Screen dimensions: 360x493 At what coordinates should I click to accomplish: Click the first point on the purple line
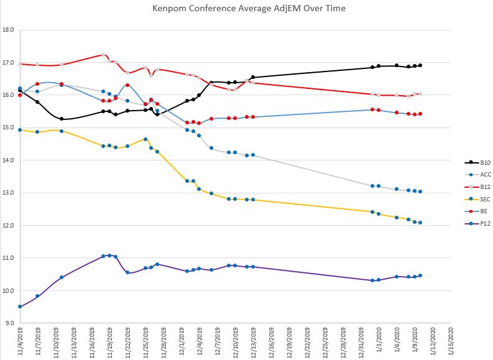point(20,307)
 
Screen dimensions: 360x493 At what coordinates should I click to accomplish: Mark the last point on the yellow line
point(420,223)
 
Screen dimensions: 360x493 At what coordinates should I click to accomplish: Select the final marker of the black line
point(420,65)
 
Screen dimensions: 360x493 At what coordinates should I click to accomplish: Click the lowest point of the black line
point(62,119)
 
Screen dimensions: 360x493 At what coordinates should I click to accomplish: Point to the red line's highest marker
point(103,55)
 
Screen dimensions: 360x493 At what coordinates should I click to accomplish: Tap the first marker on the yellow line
point(20,130)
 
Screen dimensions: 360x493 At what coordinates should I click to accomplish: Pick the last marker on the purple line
point(420,275)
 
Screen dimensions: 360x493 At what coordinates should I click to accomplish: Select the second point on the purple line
point(37,296)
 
